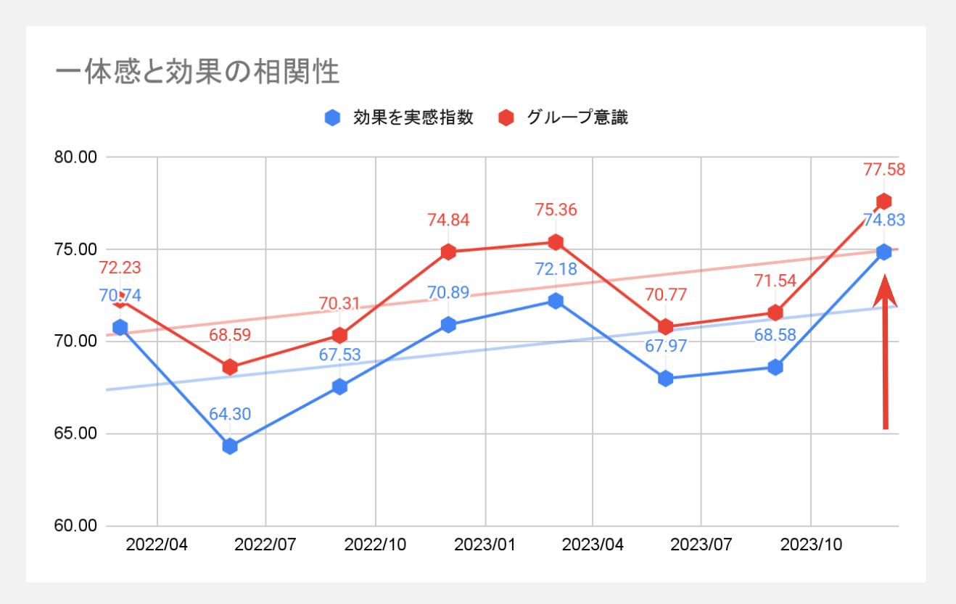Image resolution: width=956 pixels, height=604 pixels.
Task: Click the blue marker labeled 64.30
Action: click(230, 446)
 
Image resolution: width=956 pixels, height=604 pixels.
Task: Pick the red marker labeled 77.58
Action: click(883, 201)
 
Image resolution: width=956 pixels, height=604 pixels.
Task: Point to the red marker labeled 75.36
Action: click(556, 241)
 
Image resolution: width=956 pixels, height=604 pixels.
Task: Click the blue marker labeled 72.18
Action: click(556, 300)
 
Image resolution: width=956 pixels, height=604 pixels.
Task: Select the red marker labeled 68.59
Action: click(230, 367)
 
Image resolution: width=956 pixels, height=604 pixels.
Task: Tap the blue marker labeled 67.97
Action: click(665, 378)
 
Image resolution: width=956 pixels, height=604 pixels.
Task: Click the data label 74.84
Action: click(448, 221)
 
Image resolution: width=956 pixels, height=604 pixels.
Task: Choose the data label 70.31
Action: click(339, 304)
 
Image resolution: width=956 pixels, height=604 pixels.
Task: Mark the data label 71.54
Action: click(775, 282)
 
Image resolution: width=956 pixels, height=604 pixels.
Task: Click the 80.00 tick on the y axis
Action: click(76, 157)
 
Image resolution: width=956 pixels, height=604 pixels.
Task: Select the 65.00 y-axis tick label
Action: click(76, 434)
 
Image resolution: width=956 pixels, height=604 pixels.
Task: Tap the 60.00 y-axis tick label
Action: click(76, 526)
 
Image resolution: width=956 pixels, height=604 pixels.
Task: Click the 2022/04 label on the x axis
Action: click(157, 545)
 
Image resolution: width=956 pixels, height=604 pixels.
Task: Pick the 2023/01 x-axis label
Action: click(484, 545)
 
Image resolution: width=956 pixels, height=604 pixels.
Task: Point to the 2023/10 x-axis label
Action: click(810, 545)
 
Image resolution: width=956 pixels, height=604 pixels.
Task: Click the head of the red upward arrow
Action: click(885, 294)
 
